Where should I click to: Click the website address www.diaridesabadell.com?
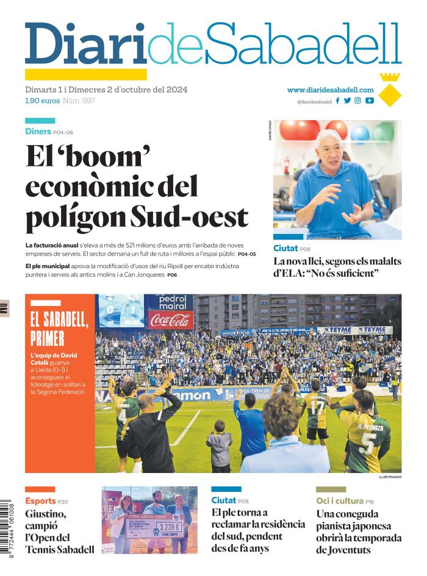330,90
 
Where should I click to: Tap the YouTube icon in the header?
370,101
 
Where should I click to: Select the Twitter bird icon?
347,101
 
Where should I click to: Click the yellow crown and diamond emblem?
389,90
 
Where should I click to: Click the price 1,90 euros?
42,101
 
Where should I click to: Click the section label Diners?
38,132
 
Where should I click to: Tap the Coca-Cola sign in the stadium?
170,319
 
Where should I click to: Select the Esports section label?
40,501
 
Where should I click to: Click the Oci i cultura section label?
340,501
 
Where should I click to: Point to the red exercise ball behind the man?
300,129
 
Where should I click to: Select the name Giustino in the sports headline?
46,514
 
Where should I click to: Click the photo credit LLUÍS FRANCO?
390,477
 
